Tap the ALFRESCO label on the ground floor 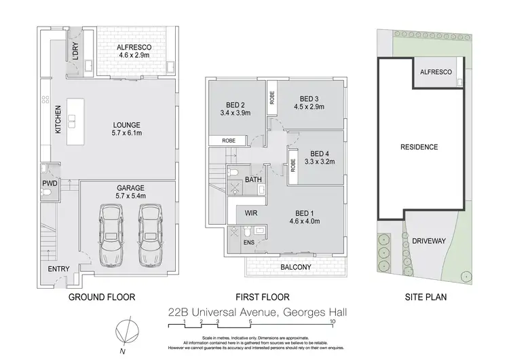tap(133, 47)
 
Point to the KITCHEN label tap(58, 120)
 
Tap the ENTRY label tap(59, 269)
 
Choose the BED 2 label tap(235, 105)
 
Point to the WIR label tap(250, 213)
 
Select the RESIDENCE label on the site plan tap(419, 147)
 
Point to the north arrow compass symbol tap(124, 332)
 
